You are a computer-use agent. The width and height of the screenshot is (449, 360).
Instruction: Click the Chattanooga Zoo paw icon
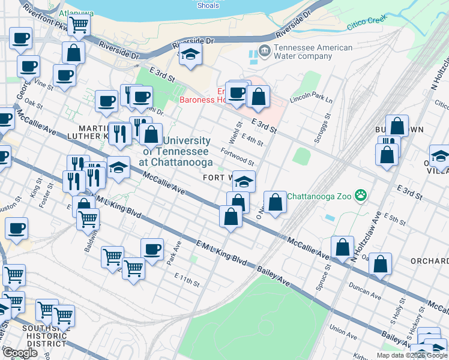(360, 195)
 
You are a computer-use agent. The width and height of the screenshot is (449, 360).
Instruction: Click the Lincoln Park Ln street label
(311, 99)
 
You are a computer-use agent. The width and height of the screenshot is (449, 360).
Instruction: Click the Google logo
(20, 353)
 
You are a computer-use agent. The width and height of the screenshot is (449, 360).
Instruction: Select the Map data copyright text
(411, 355)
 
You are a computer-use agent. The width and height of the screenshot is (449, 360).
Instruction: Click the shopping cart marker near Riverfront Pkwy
(79, 25)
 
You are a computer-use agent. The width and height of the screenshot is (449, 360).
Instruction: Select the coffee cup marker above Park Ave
(152, 248)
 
